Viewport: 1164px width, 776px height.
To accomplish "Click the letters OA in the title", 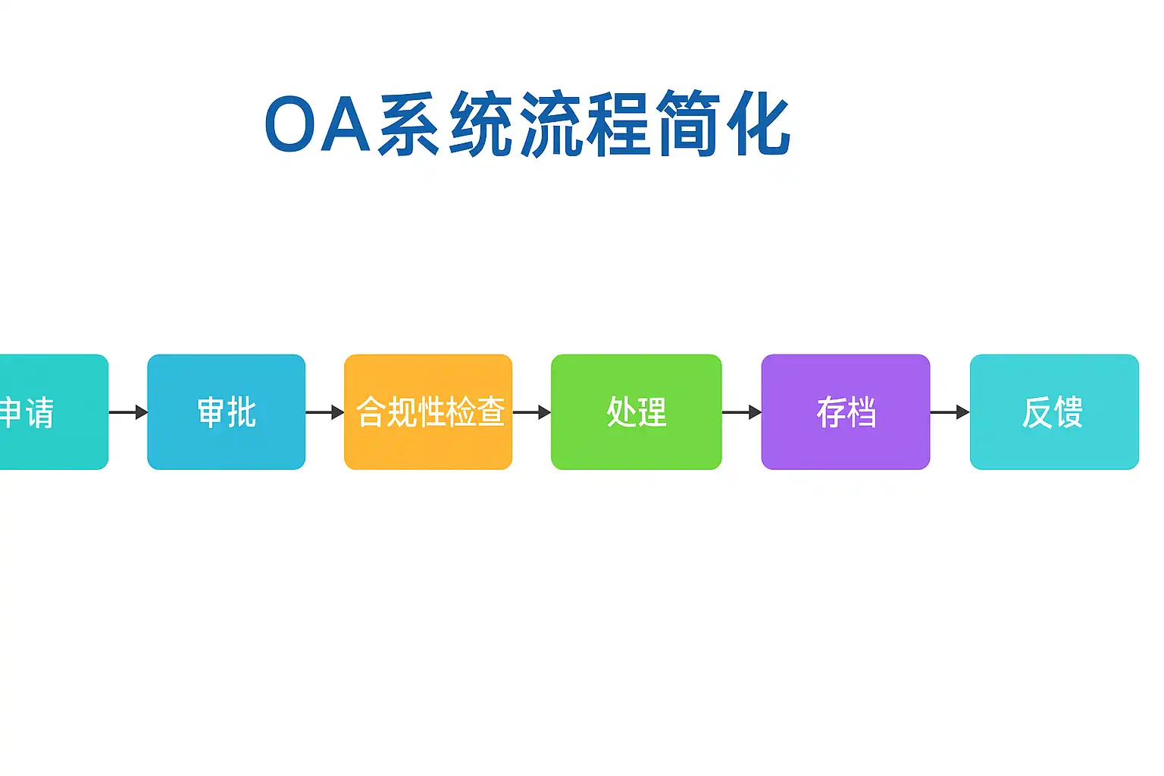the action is click(x=318, y=124).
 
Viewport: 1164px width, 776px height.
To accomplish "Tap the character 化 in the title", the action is click(x=759, y=123).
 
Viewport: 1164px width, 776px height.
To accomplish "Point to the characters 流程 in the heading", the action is click(x=585, y=123).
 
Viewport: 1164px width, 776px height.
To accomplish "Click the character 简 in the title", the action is click(x=689, y=123).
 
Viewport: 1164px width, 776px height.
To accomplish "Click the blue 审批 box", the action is click(x=226, y=411).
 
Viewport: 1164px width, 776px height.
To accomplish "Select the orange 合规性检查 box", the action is click(x=428, y=411).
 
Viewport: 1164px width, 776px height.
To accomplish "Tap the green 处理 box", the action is click(x=636, y=411).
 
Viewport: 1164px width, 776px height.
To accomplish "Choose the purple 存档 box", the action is click(x=846, y=411).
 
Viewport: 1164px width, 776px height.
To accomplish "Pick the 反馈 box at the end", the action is click(x=1054, y=411).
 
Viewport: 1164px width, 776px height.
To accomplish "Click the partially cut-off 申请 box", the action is click(x=54, y=411).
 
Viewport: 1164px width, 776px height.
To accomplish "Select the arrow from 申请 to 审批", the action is click(x=128, y=412).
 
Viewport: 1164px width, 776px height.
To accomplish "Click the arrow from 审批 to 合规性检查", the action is click(x=325, y=412).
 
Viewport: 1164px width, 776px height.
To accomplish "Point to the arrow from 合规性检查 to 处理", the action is click(x=531, y=412).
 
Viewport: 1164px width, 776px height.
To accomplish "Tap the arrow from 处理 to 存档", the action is click(x=742, y=412).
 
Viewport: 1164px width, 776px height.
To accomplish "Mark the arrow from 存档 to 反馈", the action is click(x=950, y=412).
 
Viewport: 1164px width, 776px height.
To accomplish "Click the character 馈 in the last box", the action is click(x=1069, y=411).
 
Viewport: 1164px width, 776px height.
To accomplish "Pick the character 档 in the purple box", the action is click(x=862, y=411).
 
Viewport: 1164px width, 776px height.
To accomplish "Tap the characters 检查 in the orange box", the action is click(x=475, y=411).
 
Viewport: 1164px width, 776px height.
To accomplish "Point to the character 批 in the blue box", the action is click(x=242, y=411).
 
